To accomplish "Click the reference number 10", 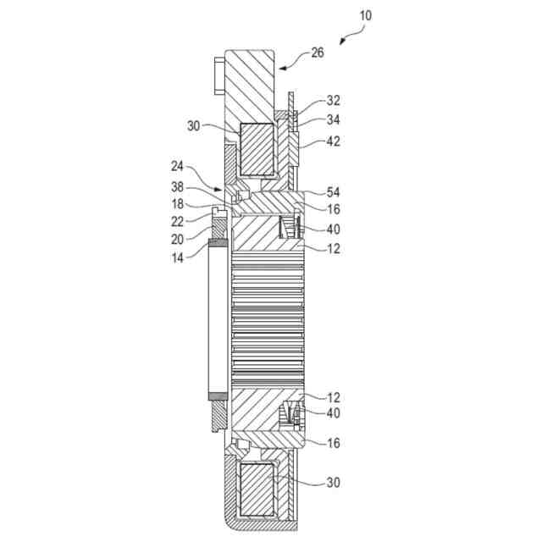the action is point(365,15).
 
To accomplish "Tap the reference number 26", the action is point(318,53).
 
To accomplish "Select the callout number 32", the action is point(333,101).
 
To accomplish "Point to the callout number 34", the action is point(333,120).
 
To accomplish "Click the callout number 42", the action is point(333,141).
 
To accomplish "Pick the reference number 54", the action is point(333,192).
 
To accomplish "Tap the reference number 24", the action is point(178,166).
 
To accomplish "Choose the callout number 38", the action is point(178,187).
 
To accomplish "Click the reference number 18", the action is point(178,204).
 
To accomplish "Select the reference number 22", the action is point(178,222).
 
